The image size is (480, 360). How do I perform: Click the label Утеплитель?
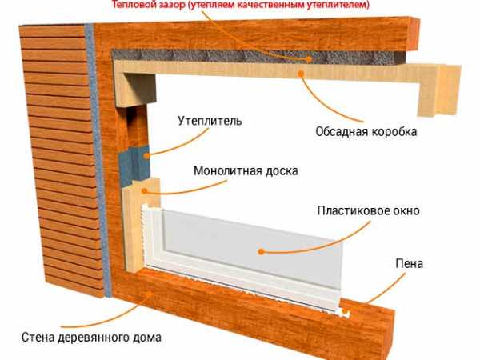(x=210, y=121)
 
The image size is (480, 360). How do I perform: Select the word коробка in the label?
(x=394, y=132)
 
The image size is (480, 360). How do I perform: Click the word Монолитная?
(x=227, y=170)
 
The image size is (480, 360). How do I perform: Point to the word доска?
(x=282, y=170)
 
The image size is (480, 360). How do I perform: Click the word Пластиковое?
(x=354, y=210)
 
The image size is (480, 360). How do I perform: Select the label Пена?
(x=410, y=263)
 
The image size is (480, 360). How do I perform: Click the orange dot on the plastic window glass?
(x=261, y=252)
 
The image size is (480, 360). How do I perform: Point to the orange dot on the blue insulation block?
(x=147, y=156)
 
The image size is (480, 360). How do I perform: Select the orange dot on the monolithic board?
(x=145, y=191)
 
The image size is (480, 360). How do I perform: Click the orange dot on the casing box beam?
(x=302, y=73)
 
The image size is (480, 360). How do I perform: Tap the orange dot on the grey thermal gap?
(x=310, y=59)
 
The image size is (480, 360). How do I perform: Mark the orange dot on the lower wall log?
(x=150, y=294)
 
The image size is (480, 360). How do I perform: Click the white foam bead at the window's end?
(x=344, y=313)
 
